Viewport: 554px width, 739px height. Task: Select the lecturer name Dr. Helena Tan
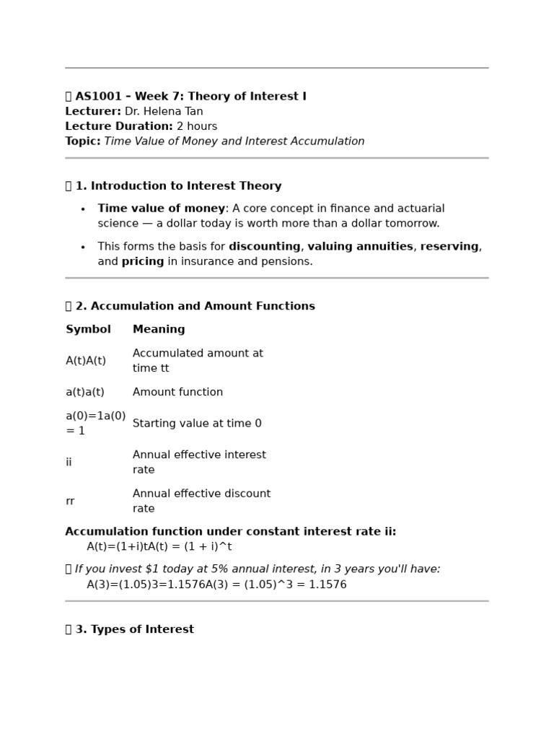(164, 112)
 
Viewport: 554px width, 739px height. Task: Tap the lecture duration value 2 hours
(197, 127)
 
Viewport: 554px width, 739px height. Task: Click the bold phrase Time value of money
(162, 209)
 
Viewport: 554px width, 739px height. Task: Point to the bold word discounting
(265, 247)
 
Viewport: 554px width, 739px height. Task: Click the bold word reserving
(449, 247)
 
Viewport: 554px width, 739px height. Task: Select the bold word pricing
(143, 262)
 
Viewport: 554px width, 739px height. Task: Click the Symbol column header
(88, 330)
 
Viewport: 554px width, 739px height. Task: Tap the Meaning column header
(159, 330)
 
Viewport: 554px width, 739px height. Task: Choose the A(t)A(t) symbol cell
(86, 361)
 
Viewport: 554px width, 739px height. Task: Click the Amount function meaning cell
(177, 393)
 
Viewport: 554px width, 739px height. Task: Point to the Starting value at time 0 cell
(197, 424)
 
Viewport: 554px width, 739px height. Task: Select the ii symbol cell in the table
(69, 463)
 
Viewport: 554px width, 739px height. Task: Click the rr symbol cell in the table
(69, 502)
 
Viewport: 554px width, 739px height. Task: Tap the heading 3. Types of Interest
(134, 630)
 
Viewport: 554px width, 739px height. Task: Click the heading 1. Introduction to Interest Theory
(178, 186)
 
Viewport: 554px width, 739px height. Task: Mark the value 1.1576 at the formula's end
(327, 585)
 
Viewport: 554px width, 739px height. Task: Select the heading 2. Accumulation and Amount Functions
(195, 307)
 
